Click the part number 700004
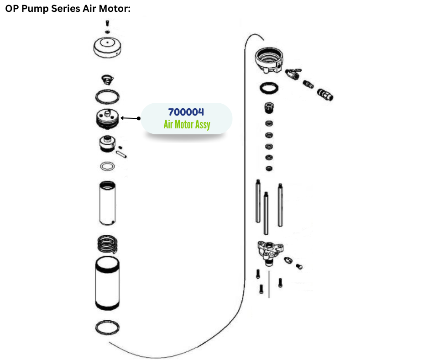coord(186,112)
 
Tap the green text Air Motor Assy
coord(187,124)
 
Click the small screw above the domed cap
coord(107,23)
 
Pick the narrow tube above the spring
coord(108,202)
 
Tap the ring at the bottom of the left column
coord(108,328)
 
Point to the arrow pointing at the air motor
coord(130,118)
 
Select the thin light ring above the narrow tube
coord(107,166)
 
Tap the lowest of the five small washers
coord(269,169)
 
